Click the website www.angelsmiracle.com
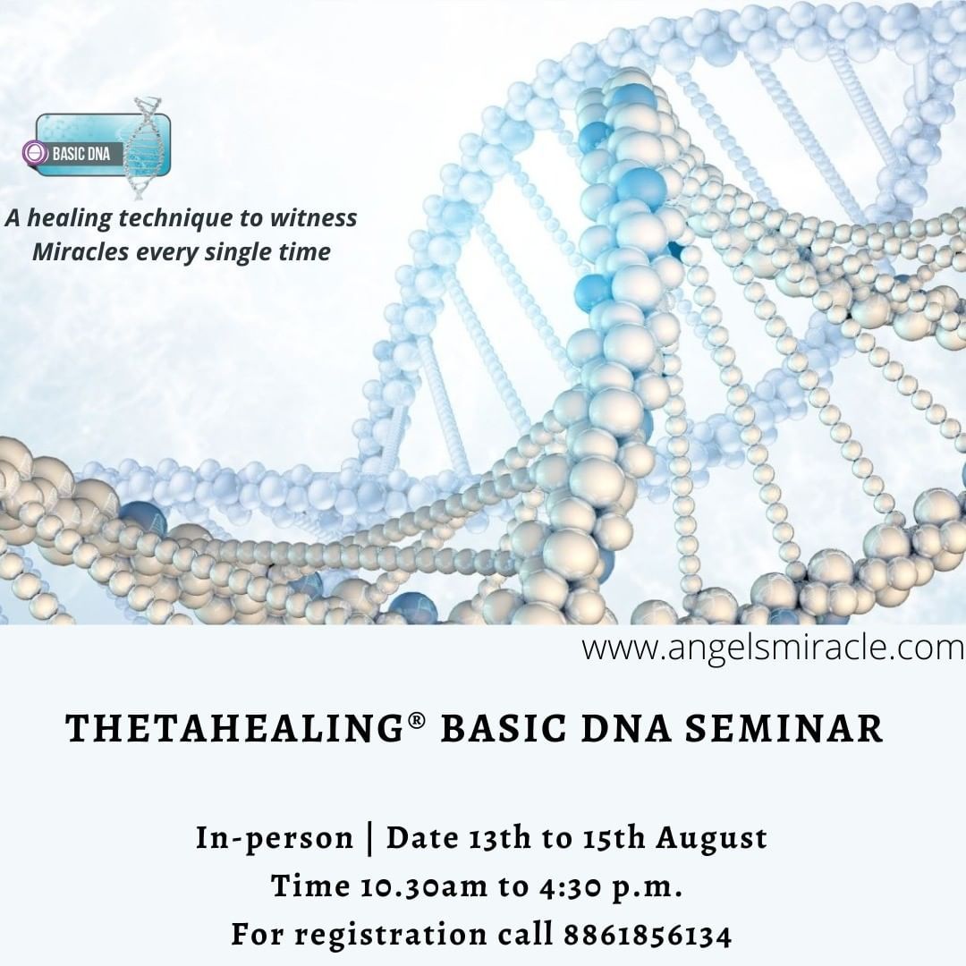click(773, 648)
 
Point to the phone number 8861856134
click(648, 935)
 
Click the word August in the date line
click(712, 839)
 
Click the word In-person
click(275, 839)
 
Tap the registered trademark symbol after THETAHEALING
click(417, 720)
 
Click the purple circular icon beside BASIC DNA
click(35, 153)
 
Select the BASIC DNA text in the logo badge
click(80, 154)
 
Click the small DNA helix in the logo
click(143, 148)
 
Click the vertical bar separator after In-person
click(369, 839)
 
